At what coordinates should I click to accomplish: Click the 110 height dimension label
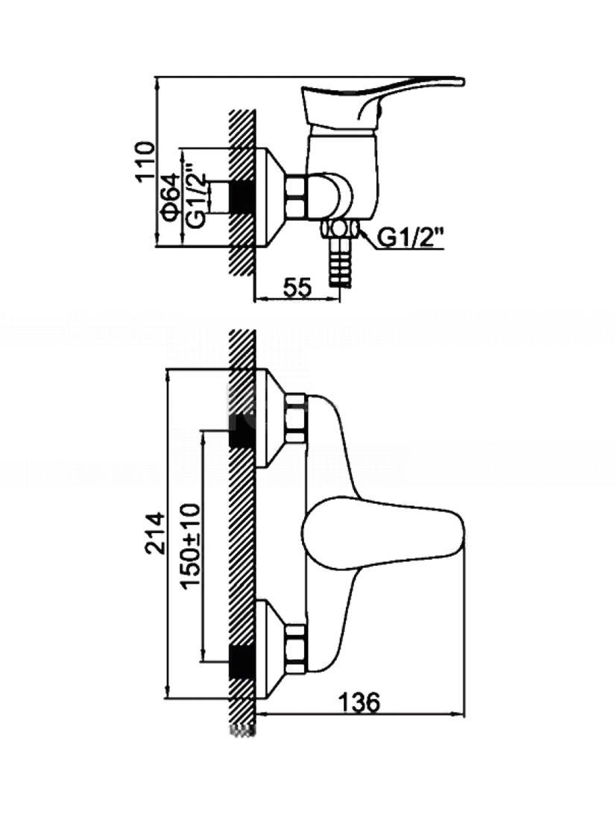[146, 161]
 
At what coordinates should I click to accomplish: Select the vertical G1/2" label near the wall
[197, 198]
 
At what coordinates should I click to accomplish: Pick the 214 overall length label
[155, 533]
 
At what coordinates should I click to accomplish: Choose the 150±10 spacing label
[192, 546]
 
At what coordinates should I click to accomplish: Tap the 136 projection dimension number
[359, 702]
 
